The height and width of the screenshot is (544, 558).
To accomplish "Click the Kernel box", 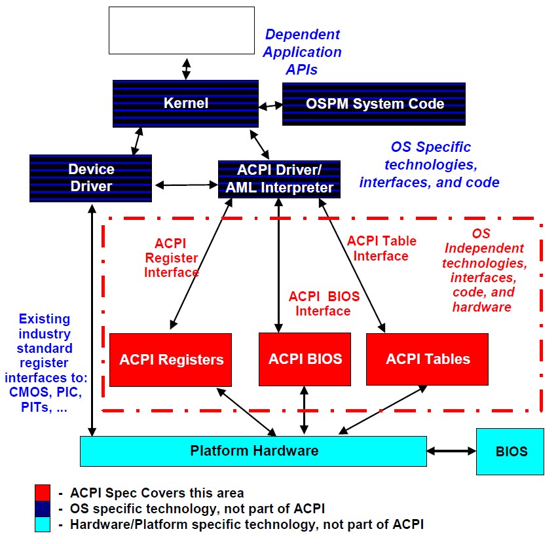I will point(186,103).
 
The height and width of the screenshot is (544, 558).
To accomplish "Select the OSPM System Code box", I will point(374,103).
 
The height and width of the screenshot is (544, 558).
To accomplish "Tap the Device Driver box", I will point(90,177).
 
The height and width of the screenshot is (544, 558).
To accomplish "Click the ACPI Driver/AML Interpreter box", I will point(279,179).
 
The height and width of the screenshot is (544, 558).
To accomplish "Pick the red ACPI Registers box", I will point(170,359).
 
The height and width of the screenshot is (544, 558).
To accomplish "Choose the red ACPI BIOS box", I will point(305,359).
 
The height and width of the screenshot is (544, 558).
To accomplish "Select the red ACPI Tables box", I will point(427,359).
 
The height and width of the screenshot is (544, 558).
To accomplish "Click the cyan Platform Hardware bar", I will point(253,451).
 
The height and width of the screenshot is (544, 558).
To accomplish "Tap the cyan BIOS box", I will point(510,452).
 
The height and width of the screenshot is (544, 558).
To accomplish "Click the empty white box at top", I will point(181,30).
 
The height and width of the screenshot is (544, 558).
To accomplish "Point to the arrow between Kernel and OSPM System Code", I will point(269,105).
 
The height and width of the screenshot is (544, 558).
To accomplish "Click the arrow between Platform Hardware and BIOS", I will point(451,451).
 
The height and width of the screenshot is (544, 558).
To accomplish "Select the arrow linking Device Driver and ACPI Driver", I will point(185,185).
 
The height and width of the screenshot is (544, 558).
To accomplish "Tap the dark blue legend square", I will point(43,508).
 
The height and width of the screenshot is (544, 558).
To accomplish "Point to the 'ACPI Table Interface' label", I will point(381,248).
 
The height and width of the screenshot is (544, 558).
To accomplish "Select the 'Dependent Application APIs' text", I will point(303,52).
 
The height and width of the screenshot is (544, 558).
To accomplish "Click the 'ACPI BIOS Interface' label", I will point(324,304).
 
